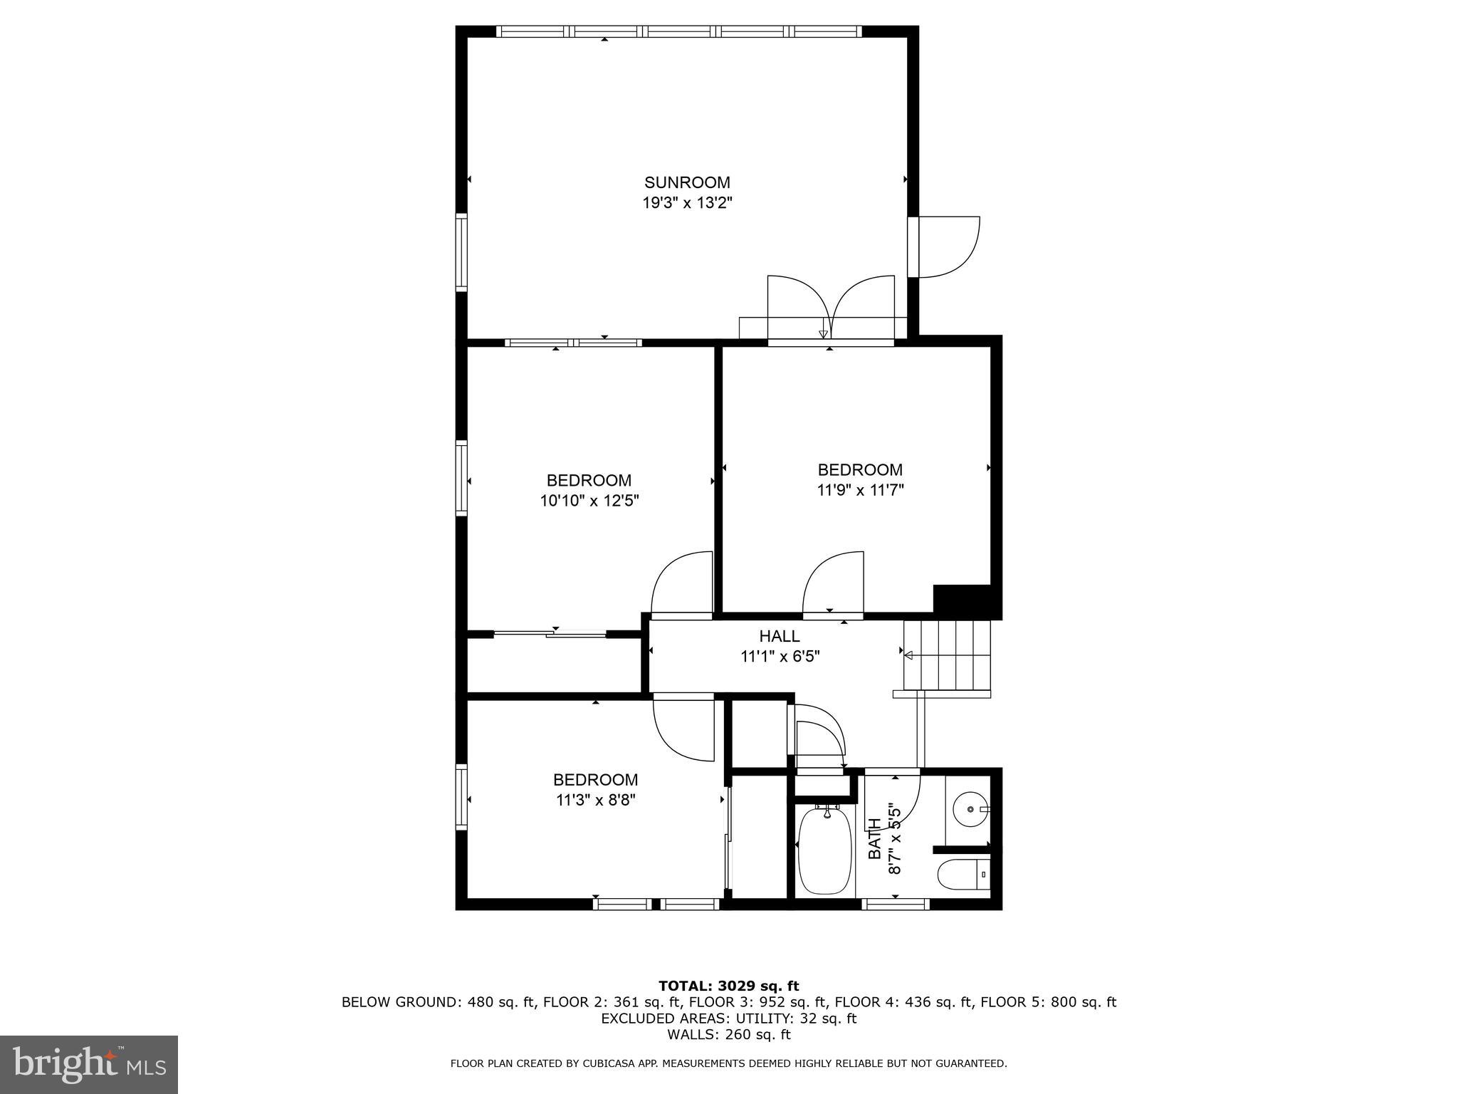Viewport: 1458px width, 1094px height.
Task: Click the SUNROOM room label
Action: (x=687, y=182)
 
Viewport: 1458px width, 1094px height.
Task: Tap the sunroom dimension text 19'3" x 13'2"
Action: (x=687, y=203)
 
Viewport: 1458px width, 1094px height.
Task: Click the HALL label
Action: (x=780, y=636)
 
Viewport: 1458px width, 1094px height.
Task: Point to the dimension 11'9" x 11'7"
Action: (x=860, y=490)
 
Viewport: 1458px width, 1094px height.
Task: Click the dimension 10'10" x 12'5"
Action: (x=589, y=501)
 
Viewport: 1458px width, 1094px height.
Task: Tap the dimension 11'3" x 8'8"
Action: (x=595, y=800)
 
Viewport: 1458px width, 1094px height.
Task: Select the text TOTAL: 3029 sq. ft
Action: (x=728, y=986)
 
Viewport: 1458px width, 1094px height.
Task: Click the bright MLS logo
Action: (x=88, y=1064)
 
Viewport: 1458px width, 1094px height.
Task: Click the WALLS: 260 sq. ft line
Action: (x=728, y=1034)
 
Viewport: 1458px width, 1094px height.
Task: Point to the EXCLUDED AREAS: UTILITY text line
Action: (x=728, y=1019)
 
